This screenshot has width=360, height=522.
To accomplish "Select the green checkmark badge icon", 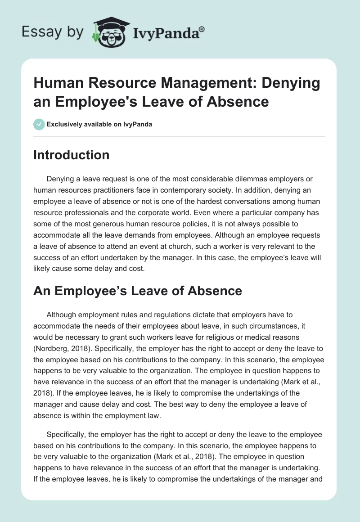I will [x=39, y=124].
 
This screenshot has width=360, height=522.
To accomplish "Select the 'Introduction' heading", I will [x=72, y=155].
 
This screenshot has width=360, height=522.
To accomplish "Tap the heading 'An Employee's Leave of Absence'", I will [x=138, y=291].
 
